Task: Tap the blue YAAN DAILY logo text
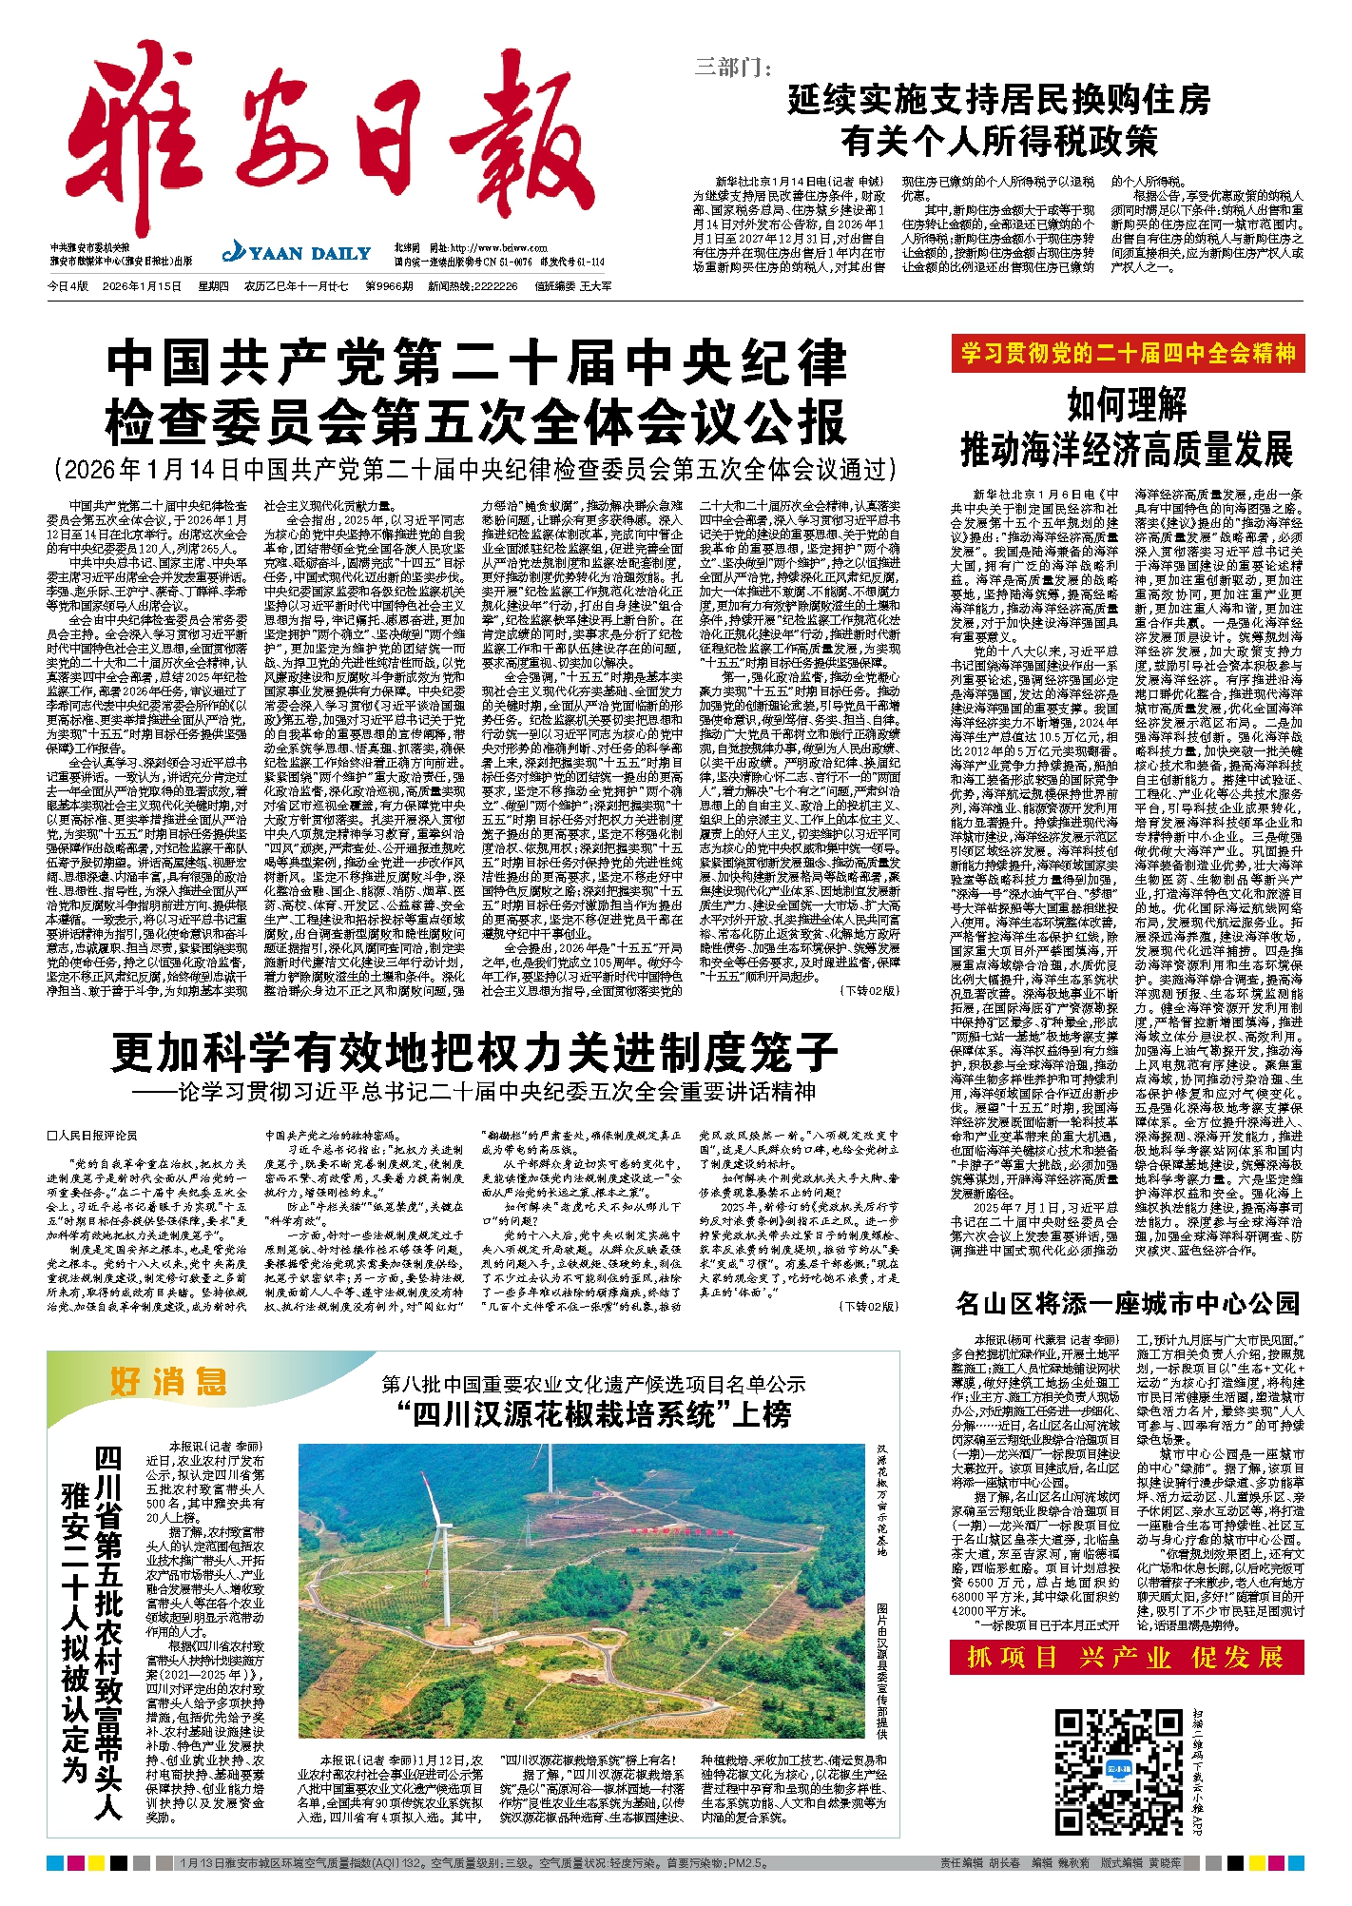pos(297,253)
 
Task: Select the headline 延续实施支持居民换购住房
pos(998,99)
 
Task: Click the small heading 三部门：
pos(733,67)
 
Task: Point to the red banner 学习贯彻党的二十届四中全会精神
pos(1128,354)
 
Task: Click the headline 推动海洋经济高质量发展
pos(1128,449)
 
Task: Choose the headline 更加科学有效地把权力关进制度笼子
pos(473,1052)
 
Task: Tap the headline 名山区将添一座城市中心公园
pos(1128,1303)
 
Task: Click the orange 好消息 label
pos(168,1381)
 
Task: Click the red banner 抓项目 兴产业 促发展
pos(1128,1658)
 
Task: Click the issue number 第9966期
pos(387,285)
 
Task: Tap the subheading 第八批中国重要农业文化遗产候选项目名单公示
pos(594,1384)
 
